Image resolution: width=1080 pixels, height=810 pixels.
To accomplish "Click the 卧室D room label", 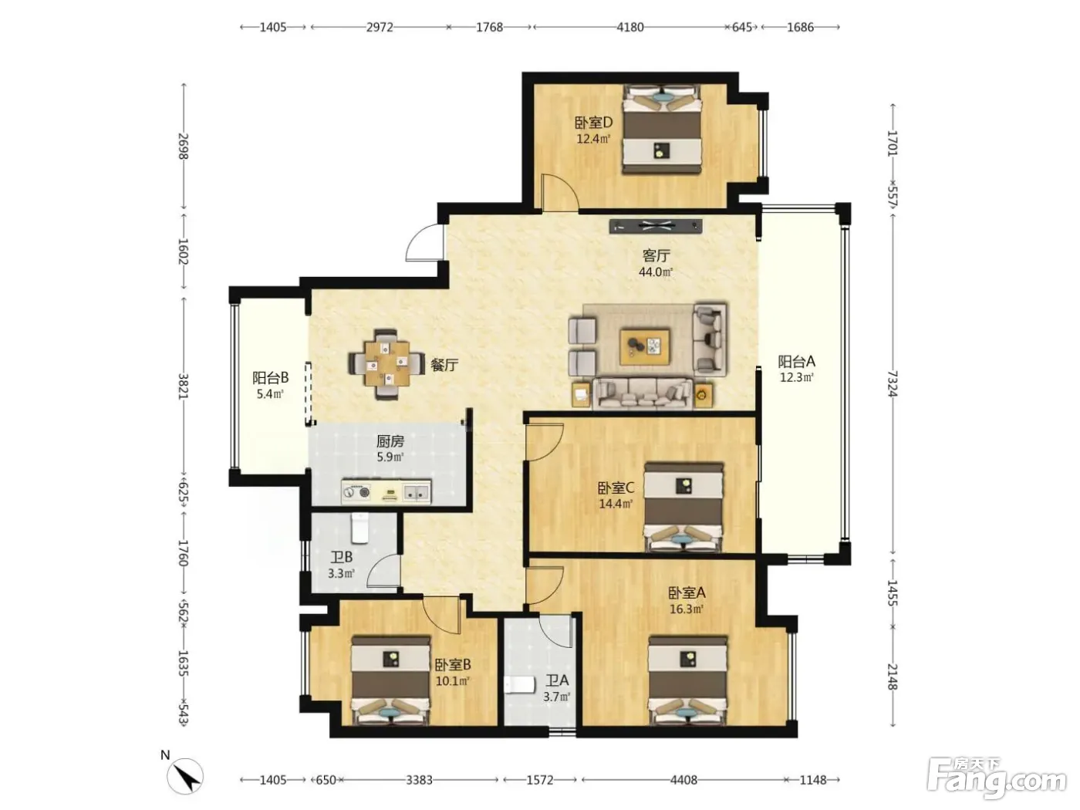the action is point(593,122).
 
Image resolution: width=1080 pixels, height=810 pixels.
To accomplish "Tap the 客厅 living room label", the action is point(656,256).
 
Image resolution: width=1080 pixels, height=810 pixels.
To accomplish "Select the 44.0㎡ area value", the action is point(656,272).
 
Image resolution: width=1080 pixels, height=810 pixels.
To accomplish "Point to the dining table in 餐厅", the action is point(386,364).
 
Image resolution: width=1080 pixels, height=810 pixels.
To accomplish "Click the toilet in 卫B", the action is point(360,528).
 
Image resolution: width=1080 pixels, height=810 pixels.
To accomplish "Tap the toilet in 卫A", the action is point(519,684).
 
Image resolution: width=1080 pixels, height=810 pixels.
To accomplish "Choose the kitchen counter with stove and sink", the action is point(386,492).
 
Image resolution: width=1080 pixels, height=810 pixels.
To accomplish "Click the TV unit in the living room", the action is point(656,226).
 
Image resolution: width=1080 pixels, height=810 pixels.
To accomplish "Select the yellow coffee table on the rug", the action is point(645,346).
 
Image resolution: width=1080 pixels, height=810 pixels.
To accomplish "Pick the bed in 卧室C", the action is point(683,507).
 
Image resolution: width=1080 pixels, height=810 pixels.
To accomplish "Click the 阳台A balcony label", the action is point(796,362).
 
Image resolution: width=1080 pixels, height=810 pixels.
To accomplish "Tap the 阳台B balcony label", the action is point(270,378).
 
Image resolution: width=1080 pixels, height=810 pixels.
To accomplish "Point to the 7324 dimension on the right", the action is point(893,384).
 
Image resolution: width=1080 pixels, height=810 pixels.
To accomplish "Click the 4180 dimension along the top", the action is point(629,27).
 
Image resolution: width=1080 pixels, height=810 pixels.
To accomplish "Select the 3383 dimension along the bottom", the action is point(419,779).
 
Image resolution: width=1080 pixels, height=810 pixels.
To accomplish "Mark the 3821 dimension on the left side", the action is point(183,386).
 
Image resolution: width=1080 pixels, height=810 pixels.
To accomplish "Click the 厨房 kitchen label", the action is point(390,440).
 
